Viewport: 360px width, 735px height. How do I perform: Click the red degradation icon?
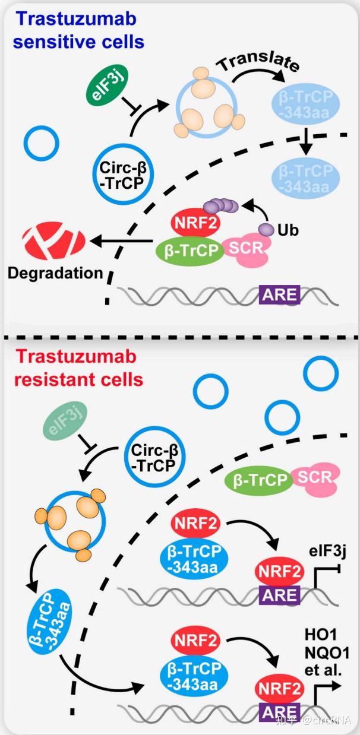[53, 240]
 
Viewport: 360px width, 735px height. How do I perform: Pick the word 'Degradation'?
[56, 273]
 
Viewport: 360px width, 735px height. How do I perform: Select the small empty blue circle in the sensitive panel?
[41, 143]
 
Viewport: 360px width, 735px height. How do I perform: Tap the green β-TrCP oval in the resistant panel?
[257, 479]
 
